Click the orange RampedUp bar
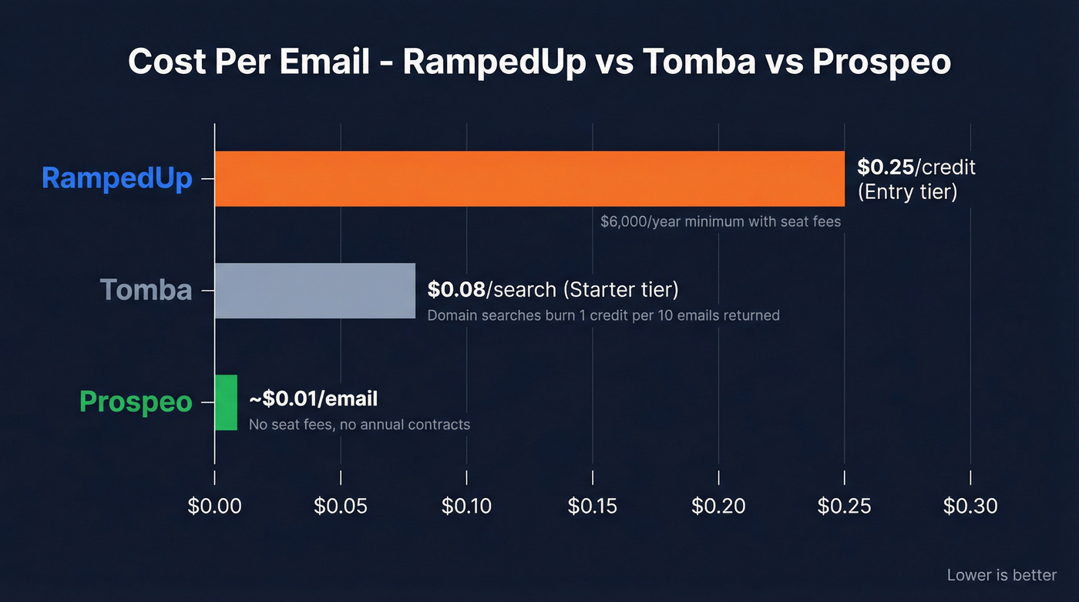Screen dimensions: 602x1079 pyautogui.click(x=529, y=179)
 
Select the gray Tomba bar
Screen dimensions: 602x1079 pyautogui.click(x=314, y=291)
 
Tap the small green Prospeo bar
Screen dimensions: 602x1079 pyautogui.click(x=226, y=402)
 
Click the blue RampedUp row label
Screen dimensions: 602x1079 pyautogui.click(x=116, y=178)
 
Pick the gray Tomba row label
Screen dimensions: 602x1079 pyautogui.click(x=146, y=290)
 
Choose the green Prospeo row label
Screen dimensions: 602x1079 pyautogui.click(x=136, y=402)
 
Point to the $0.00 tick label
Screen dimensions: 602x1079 pyautogui.click(x=215, y=506)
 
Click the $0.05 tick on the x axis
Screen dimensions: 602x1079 pyautogui.click(x=341, y=506)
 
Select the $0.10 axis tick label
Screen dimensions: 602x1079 pyautogui.click(x=467, y=506)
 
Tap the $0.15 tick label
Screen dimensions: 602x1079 pyautogui.click(x=593, y=506)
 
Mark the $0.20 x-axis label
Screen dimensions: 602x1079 pyautogui.click(x=718, y=506)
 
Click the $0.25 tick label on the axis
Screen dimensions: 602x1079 pyautogui.click(x=844, y=506)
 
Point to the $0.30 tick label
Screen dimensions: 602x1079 pyautogui.click(x=970, y=506)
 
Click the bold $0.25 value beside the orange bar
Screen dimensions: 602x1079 pyautogui.click(x=885, y=166)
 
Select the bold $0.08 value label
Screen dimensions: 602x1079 pyautogui.click(x=456, y=290)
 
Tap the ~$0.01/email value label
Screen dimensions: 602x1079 pyautogui.click(x=313, y=399)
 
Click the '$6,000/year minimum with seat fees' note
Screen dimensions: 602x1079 pyautogui.click(x=721, y=222)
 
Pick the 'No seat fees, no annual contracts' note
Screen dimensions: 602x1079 pyautogui.click(x=359, y=425)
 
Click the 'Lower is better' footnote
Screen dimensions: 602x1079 pyautogui.click(x=1002, y=575)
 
